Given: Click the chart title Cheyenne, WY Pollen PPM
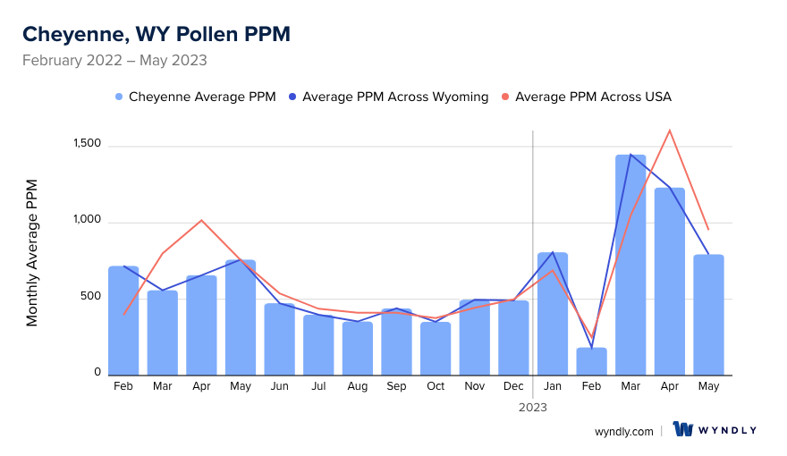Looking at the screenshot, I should click(156, 34).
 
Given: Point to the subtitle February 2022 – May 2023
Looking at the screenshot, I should click(114, 61).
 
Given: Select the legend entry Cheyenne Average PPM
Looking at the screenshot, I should click(195, 97).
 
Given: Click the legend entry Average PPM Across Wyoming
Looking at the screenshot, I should click(389, 97).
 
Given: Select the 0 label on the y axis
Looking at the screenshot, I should click(97, 372).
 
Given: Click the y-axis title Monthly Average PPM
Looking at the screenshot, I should click(32, 252).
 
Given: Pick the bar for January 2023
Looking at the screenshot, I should click(553, 314).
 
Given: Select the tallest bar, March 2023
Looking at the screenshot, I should click(630, 265).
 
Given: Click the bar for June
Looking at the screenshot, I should click(280, 339).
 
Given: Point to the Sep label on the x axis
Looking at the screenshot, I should click(396, 386).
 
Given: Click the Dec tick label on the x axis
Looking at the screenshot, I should click(513, 386).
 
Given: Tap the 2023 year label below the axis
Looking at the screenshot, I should click(533, 407).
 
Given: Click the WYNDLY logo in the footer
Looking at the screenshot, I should click(715, 430).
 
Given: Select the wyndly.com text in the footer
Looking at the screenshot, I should click(623, 431).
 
